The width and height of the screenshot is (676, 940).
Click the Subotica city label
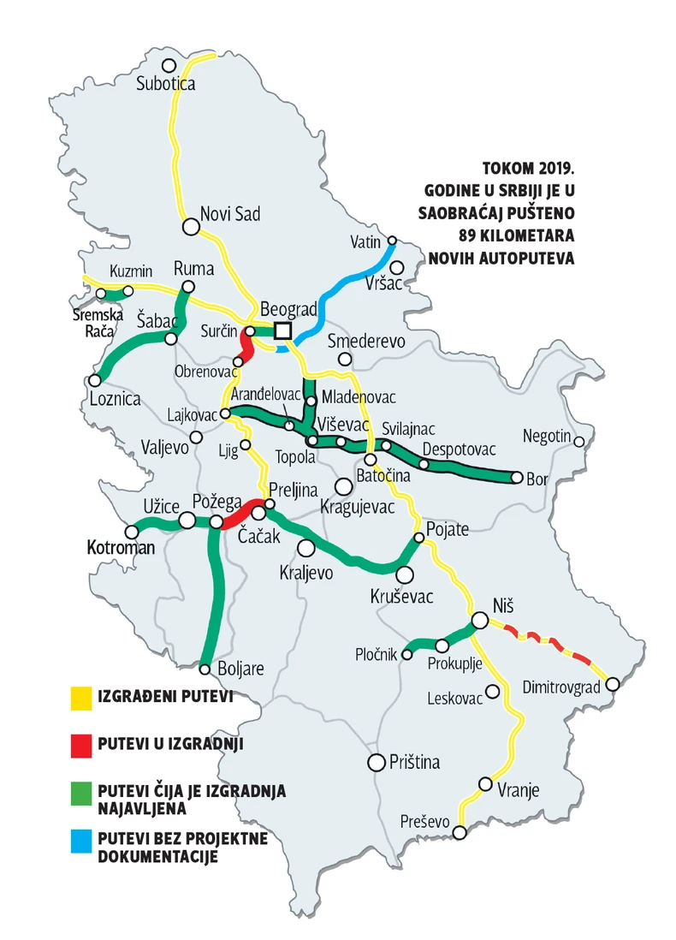(166, 84)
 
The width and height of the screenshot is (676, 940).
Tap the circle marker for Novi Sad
(191, 227)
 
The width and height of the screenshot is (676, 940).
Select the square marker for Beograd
(283, 330)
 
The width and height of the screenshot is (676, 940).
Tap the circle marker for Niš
(480, 621)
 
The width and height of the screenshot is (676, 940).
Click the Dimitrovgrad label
(558, 685)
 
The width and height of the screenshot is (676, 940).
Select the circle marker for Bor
(517, 478)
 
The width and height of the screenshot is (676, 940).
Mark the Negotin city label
(547, 437)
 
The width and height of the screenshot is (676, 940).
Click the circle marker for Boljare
(205, 669)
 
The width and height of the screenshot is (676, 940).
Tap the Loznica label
(115, 398)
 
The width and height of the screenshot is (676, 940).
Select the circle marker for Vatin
(393, 241)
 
